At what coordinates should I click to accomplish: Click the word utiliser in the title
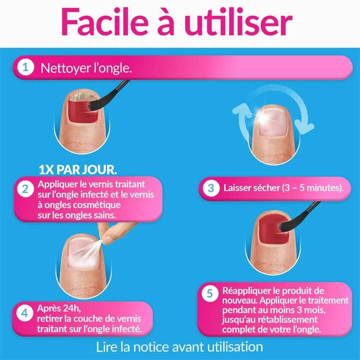pos(238,22)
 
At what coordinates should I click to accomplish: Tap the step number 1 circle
pos(26,67)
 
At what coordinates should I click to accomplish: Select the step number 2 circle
pos(25,189)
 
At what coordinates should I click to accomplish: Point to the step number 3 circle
pos(211,188)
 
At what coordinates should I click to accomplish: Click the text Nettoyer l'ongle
pos(86,68)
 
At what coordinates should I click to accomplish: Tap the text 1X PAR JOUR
pos(78,170)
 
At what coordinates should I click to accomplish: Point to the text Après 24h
pos(59,309)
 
